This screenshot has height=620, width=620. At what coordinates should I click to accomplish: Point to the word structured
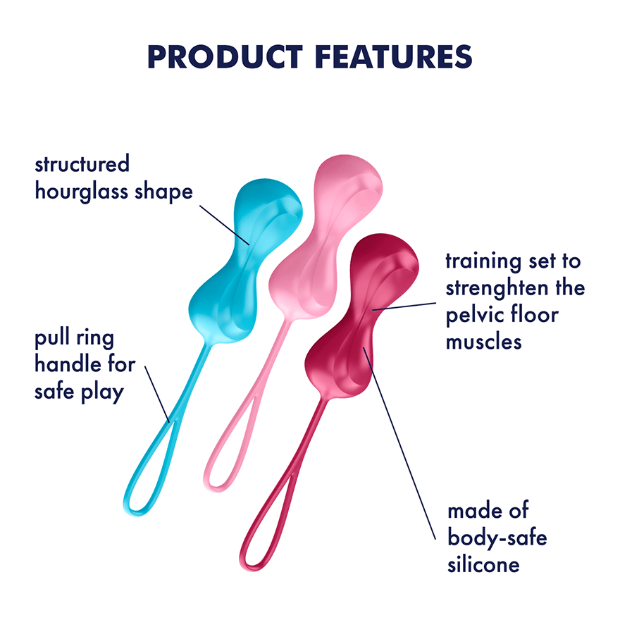tap(82, 165)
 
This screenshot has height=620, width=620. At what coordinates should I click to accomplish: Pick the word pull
tap(52, 340)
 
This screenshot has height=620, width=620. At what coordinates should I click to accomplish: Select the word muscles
tap(483, 341)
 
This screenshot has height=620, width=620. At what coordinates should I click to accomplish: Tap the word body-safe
tap(497, 538)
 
